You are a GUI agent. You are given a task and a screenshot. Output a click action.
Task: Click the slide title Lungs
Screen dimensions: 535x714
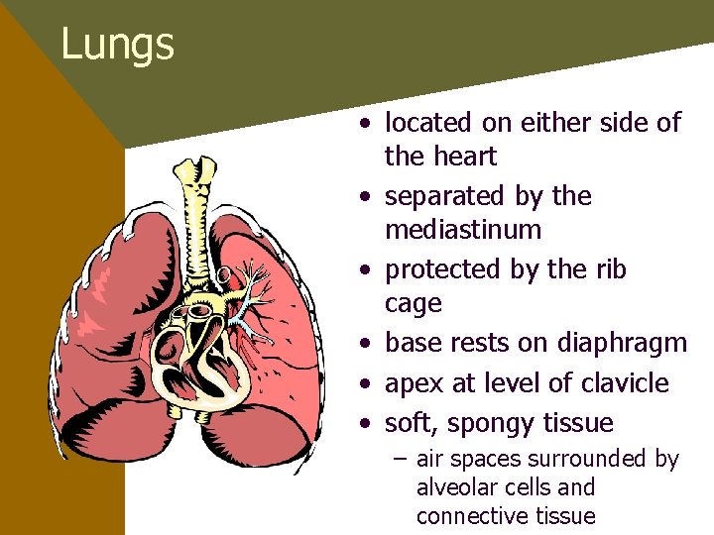117,44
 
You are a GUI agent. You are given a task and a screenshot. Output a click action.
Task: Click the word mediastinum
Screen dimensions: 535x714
463,230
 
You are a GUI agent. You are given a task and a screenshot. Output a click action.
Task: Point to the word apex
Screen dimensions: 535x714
414,384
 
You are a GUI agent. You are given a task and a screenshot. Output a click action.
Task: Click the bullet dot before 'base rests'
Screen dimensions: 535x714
367,344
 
